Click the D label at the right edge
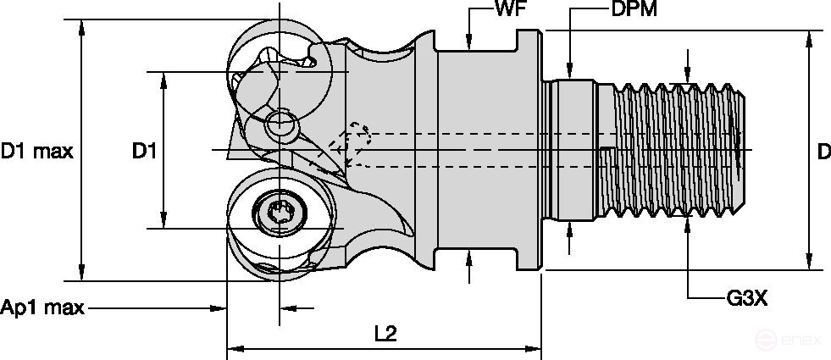(x=823, y=152)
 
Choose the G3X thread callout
(x=746, y=298)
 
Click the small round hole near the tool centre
(x=280, y=125)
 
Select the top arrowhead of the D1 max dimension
(x=81, y=26)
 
